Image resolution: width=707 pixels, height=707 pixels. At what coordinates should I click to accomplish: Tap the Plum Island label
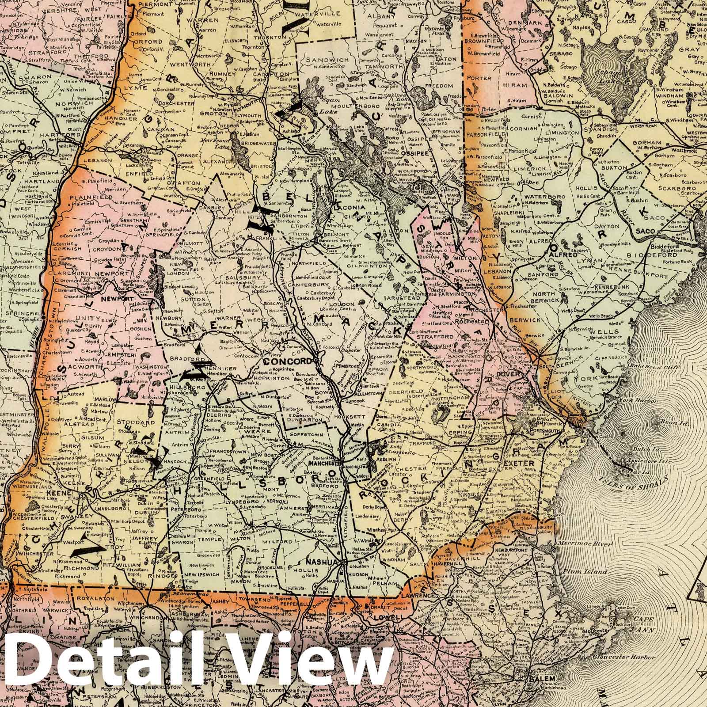point(579,572)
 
